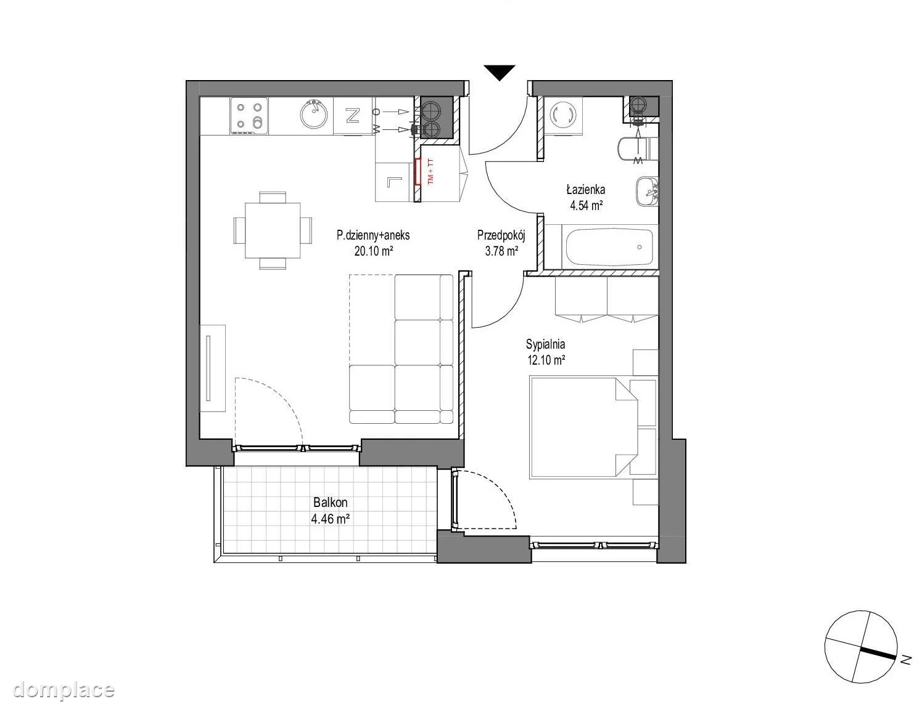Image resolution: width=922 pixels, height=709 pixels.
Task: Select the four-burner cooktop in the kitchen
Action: [249, 116]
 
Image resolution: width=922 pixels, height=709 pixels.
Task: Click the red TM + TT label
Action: [431, 172]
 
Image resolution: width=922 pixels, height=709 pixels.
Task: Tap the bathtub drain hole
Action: [640, 247]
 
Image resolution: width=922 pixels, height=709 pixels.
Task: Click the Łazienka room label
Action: [585, 190]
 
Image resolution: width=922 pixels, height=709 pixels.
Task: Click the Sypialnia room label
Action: [545, 344]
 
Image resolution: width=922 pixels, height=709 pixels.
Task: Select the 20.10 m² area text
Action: [373, 251]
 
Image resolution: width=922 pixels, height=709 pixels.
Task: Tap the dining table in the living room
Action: [273, 230]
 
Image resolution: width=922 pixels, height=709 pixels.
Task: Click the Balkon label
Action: [330, 503]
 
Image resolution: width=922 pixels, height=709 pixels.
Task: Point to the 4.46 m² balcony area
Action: [330, 519]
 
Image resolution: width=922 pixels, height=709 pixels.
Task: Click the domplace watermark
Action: [64, 690]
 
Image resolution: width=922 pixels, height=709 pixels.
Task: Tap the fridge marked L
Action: [394, 182]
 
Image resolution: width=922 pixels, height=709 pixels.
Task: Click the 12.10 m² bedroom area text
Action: [546, 360]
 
